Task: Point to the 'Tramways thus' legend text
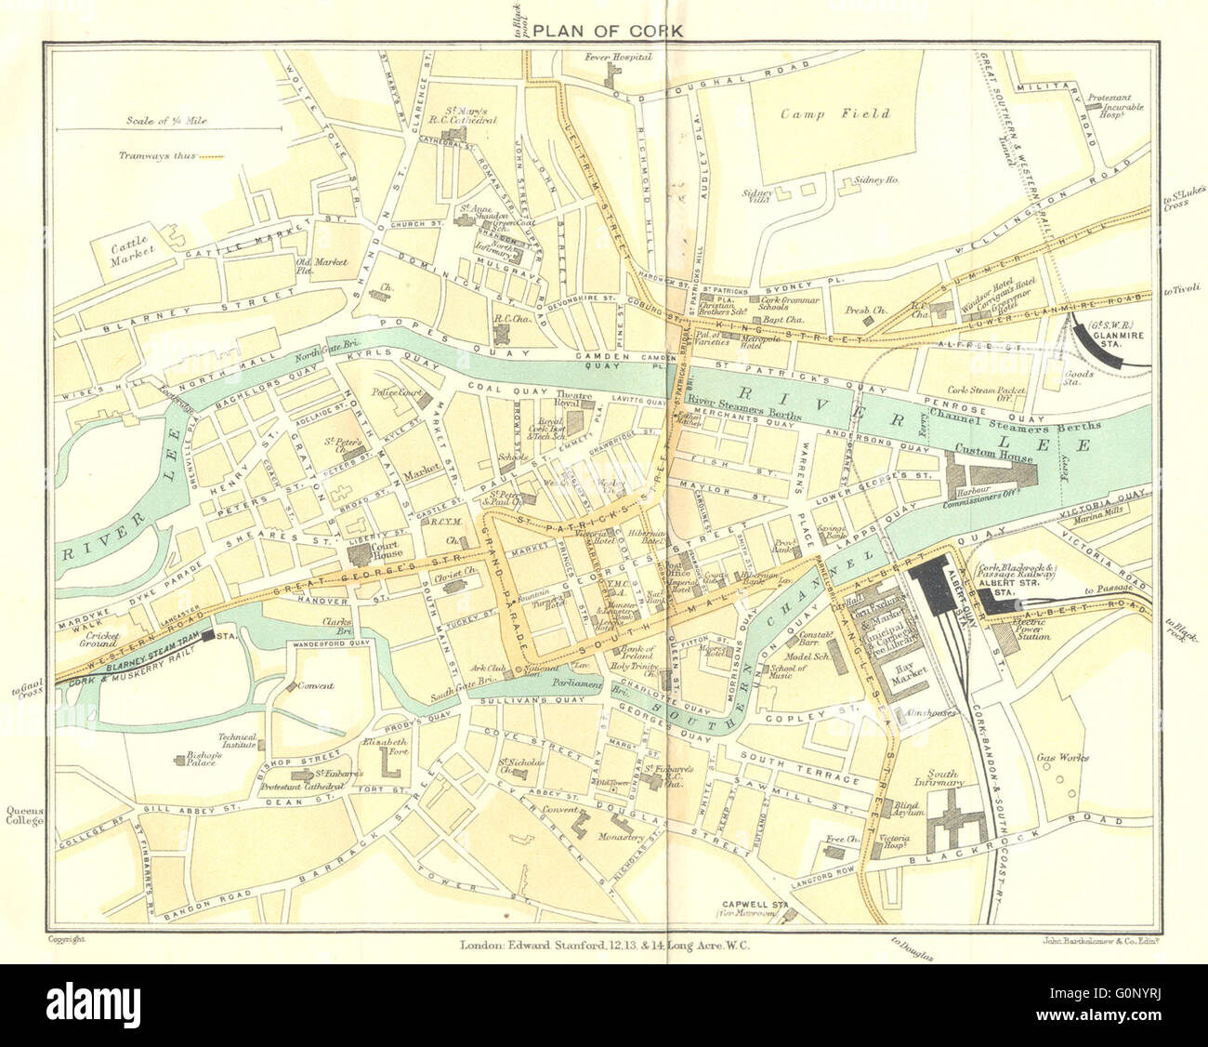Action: click(156, 156)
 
